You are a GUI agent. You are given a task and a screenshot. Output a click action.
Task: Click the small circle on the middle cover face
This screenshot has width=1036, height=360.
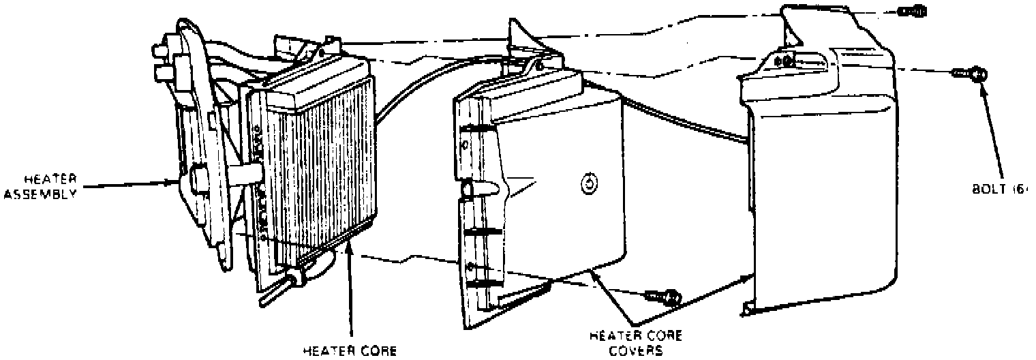587,183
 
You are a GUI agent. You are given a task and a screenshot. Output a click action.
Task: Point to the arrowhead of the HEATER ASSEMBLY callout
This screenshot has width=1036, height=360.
173,182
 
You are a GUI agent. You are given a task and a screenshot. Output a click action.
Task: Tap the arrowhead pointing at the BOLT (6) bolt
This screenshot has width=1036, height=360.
983,85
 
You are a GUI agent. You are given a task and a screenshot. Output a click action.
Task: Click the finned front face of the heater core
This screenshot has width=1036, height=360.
320,170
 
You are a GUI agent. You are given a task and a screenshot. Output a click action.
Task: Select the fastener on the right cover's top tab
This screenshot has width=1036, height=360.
786,61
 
